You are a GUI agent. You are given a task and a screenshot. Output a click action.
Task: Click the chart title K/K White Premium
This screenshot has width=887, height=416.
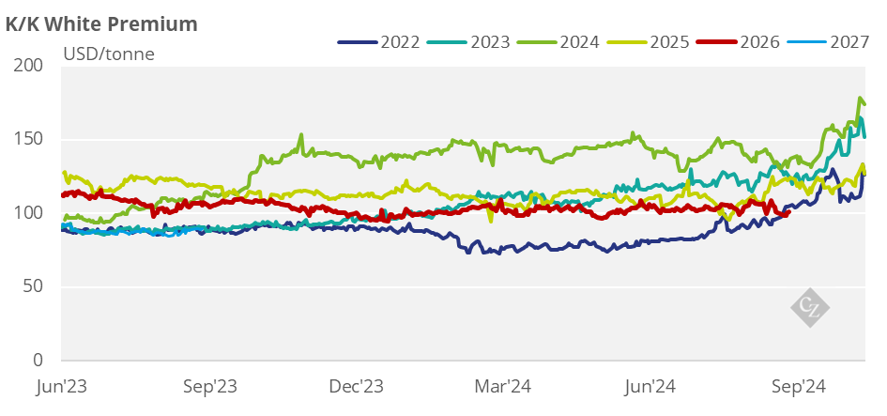pos(101,23)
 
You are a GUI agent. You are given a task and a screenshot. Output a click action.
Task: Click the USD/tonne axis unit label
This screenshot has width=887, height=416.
pos(109,54)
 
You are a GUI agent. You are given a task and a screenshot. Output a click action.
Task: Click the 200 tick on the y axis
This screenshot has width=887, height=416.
pos(31,66)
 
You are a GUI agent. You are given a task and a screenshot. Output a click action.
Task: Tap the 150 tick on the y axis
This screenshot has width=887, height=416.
pos(31,140)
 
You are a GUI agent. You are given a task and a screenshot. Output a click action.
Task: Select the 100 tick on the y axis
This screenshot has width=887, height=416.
pos(31,213)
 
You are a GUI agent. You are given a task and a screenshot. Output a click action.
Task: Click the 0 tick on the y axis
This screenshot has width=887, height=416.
pos(39,361)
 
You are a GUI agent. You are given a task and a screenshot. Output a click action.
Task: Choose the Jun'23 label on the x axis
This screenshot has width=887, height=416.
pos(63,386)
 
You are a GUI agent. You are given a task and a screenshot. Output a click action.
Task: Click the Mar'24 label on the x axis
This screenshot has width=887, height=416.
pos(505,386)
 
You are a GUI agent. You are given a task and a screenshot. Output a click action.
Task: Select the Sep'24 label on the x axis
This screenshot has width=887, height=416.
pos(799,386)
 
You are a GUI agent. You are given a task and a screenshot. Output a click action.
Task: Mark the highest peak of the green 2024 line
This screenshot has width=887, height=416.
pos(860,99)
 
